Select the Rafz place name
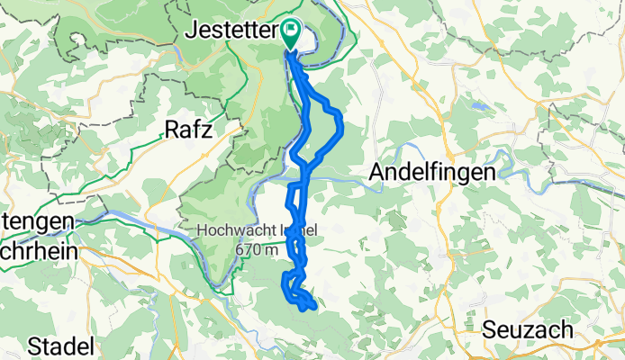(188, 130)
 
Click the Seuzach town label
(527, 329)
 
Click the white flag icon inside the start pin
(291, 30)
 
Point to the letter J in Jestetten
(192, 31)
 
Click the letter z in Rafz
(208, 130)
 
